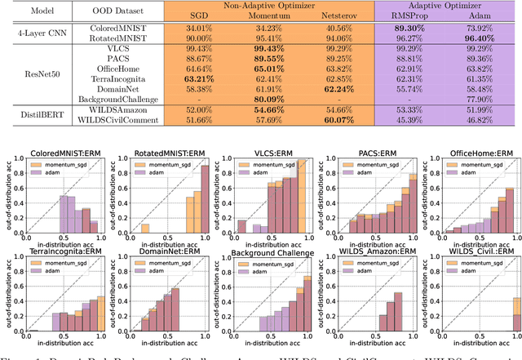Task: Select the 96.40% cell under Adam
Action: click(x=480, y=37)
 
